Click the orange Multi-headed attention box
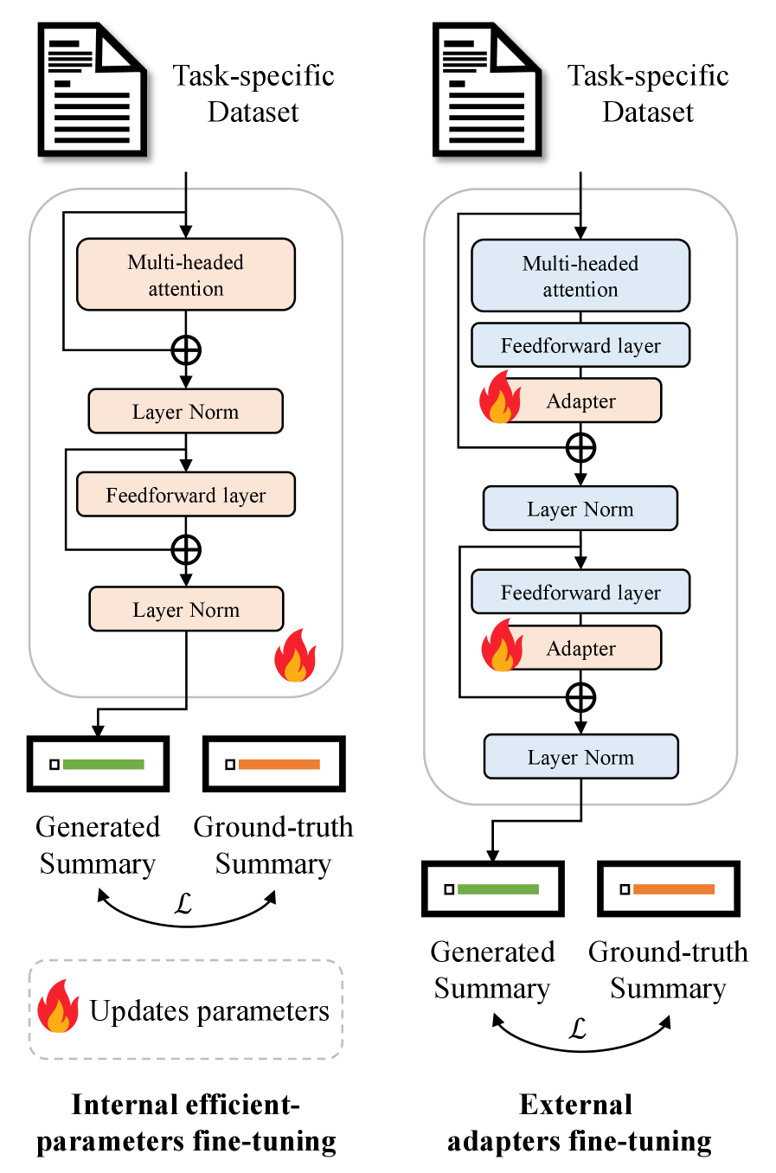[x=186, y=274]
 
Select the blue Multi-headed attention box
[x=580, y=276]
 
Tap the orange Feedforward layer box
[x=186, y=495]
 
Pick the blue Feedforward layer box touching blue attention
[x=580, y=345]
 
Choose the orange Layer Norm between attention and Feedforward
[x=186, y=411]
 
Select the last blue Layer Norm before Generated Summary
[x=580, y=757]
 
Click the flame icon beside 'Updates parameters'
[x=58, y=1008]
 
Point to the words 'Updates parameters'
[x=209, y=1010]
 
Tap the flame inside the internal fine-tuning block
[x=295, y=657]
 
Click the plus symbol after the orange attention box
[x=186, y=350]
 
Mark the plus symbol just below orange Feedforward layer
[x=186, y=549]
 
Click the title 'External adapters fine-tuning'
[x=580, y=1123]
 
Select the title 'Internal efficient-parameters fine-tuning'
[x=186, y=1123]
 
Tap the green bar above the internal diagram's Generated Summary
[x=103, y=765]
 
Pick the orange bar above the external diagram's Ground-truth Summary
[x=674, y=889]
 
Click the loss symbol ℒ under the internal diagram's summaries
[x=183, y=904]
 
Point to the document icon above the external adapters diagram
[x=487, y=91]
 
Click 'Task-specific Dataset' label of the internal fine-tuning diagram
[x=253, y=93]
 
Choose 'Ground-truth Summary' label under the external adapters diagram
[x=668, y=970]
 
